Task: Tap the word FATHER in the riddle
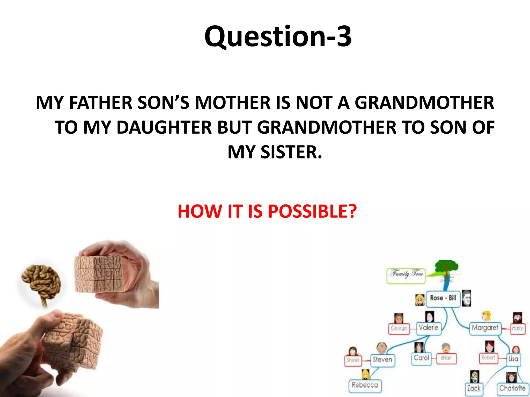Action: click(101, 103)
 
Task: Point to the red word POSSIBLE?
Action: click(312, 211)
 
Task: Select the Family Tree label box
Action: click(406, 276)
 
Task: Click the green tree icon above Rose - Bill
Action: click(446, 269)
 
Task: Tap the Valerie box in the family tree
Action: click(429, 328)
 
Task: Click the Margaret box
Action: click(485, 328)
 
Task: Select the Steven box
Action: click(382, 360)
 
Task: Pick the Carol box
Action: click(421, 358)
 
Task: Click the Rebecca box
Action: click(365, 386)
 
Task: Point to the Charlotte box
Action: click(512, 389)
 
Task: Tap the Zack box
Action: click(474, 389)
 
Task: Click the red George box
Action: click(399, 329)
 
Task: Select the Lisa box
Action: click(513, 359)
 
